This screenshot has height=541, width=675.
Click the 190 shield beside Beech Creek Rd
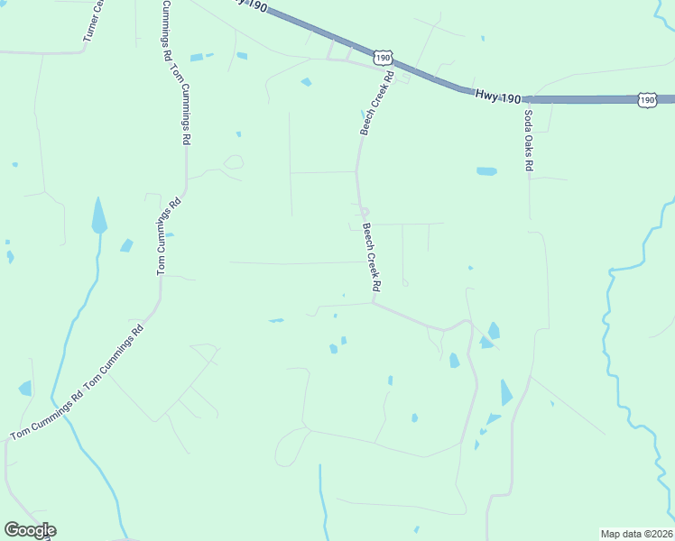point(384,58)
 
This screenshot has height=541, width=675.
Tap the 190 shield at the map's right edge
point(647,99)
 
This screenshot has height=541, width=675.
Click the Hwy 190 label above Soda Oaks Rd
point(497,96)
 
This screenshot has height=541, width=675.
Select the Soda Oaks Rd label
point(528,140)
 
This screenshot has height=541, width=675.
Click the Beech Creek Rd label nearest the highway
point(377,104)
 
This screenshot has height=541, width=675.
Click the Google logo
point(30,530)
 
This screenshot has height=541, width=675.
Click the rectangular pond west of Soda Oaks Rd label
point(486,170)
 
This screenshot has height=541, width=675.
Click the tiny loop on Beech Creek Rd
point(363,212)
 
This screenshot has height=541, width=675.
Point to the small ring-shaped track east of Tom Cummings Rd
point(234,162)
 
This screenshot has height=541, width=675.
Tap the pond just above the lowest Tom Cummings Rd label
point(25,389)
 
